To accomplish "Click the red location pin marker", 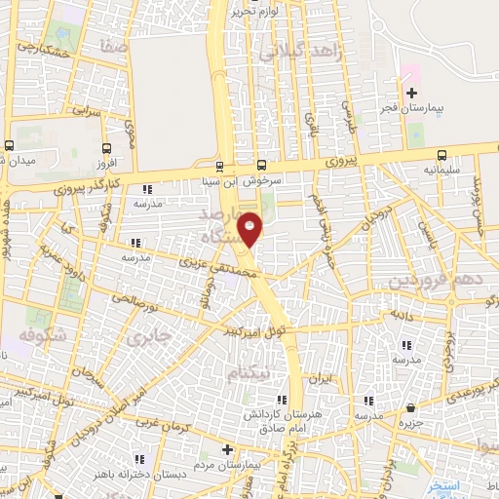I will tap(250, 228).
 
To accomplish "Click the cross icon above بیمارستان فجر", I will tap(411, 92).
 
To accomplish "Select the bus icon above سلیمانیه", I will tap(442, 155).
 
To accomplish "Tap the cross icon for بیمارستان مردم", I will tap(227, 450).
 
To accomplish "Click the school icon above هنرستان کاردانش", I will tap(281, 400).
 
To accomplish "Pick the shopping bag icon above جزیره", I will tap(411, 408).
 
